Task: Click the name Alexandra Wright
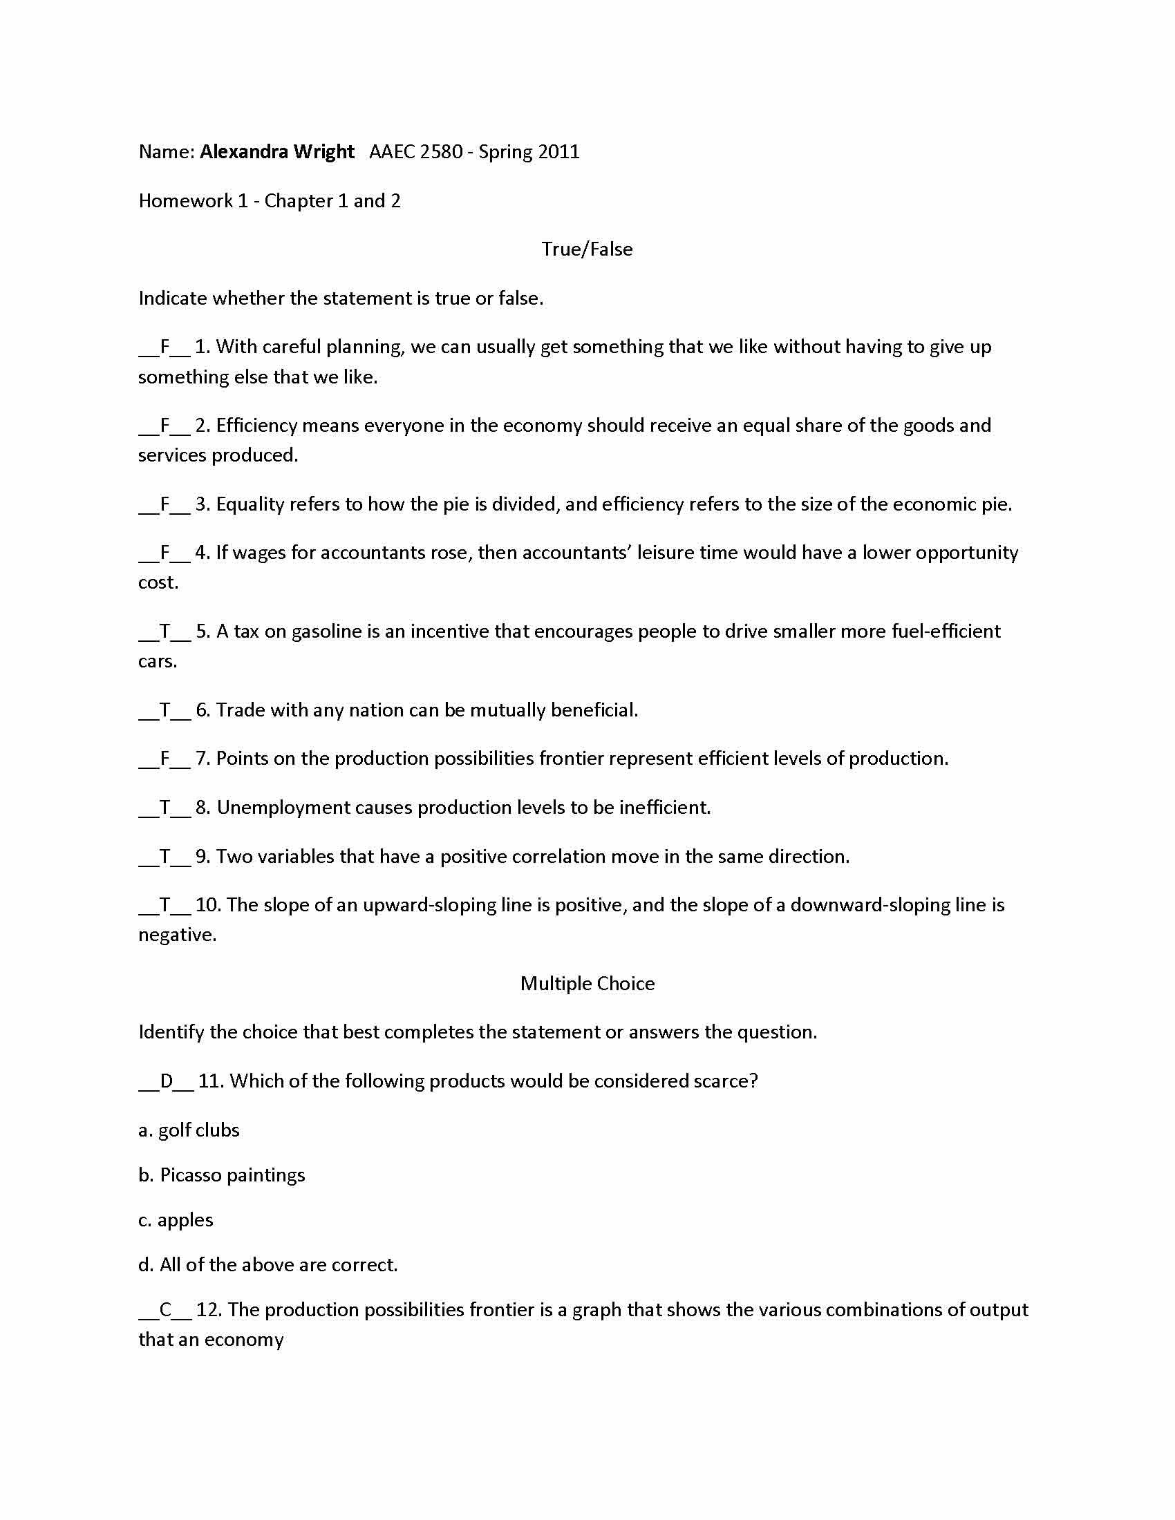click(277, 152)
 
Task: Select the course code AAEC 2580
click(415, 152)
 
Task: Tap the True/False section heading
click(587, 249)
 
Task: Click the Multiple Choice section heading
click(587, 983)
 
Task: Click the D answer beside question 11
click(167, 1081)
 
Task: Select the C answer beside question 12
click(166, 1310)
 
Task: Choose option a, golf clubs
click(189, 1130)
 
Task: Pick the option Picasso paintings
click(221, 1175)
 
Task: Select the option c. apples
click(176, 1220)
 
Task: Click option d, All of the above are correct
click(268, 1264)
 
